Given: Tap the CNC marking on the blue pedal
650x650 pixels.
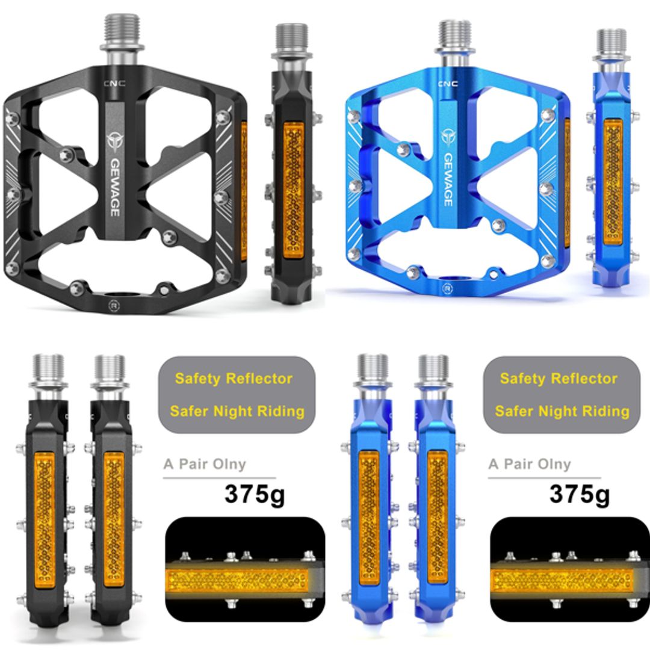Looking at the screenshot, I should pyautogui.click(x=447, y=84).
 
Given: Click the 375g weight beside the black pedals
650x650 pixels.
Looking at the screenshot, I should pyautogui.click(x=255, y=495).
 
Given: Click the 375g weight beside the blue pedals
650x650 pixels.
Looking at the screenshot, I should pyautogui.click(x=580, y=495).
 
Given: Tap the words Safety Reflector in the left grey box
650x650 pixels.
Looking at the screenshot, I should pyautogui.click(x=234, y=379).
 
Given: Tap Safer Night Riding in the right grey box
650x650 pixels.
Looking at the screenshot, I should pyautogui.click(x=562, y=412).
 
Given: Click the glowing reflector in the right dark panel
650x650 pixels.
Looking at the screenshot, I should pyautogui.click(x=563, y=580).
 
